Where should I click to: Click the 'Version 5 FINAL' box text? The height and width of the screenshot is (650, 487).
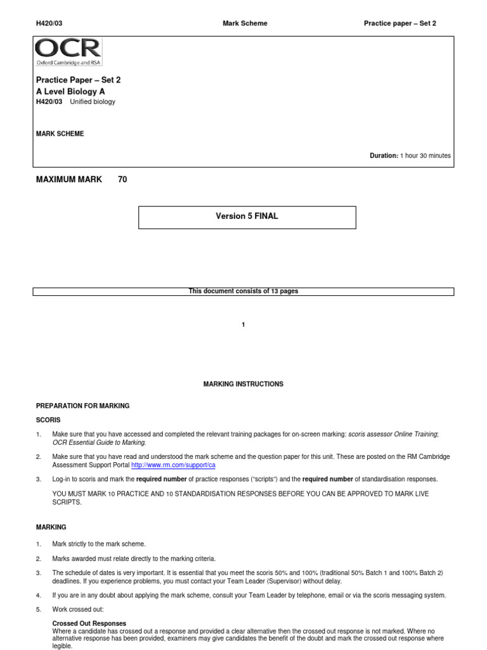247,216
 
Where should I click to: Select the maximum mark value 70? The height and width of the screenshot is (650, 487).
122,180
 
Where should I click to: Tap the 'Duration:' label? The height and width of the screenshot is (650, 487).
384,156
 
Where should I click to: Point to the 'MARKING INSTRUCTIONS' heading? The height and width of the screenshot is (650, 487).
243,384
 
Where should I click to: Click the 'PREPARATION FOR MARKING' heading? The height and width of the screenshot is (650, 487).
82,406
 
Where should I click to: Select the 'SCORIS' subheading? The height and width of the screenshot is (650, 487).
48,420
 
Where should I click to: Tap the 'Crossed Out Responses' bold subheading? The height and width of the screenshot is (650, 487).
89,623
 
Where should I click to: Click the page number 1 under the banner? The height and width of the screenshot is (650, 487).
243,325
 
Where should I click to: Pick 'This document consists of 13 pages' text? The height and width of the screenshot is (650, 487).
243,291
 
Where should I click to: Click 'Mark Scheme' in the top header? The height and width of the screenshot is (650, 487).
245,23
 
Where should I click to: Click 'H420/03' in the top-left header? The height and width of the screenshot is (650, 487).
49,23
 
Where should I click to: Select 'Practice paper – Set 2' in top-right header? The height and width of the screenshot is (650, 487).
399,23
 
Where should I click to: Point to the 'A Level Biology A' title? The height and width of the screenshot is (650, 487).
70,91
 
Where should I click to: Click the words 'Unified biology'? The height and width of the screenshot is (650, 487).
93,102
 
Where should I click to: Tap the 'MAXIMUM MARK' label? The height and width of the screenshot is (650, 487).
68,180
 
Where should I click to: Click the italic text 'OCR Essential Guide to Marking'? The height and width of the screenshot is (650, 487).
99,442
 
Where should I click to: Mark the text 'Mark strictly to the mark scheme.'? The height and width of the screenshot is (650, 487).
99,544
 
